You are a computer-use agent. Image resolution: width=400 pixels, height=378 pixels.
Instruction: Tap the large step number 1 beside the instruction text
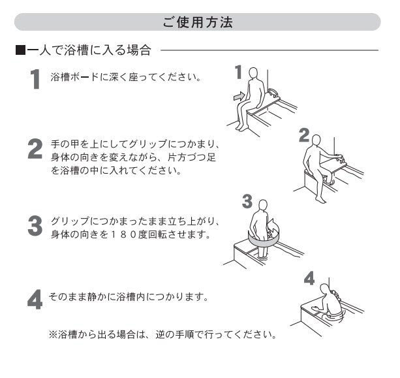(37, 80)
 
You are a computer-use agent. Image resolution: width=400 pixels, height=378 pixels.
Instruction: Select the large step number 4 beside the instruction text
(35, 298)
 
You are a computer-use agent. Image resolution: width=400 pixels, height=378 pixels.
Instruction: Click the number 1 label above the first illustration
(238, 70)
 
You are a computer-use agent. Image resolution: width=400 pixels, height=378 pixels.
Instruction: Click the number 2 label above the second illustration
(303, 134)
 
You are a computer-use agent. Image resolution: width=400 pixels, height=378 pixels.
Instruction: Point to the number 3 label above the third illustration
(247, 200)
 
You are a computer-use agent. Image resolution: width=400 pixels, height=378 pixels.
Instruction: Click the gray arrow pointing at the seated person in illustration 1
(240, 97)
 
